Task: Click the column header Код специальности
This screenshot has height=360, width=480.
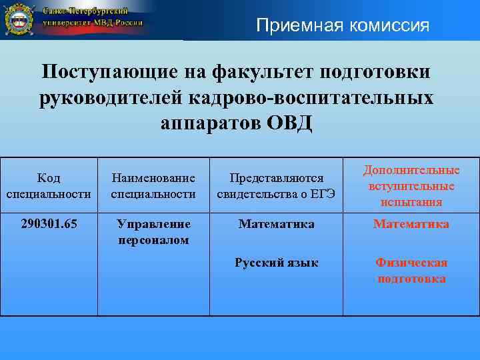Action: tap(49, 186)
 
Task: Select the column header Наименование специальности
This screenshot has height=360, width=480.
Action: tap(153, 186)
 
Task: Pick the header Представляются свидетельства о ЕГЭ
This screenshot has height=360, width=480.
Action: tap(276, 186)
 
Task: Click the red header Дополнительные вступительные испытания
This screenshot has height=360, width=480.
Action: tap(411, 186)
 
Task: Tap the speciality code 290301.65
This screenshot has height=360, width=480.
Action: tap(49, 224)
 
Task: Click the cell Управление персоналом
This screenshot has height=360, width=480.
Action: tap(153, 231)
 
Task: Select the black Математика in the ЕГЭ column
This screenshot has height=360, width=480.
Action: tap(276, 224)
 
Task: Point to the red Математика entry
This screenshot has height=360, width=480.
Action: tap(411, 224)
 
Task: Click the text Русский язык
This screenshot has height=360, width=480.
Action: tap(276, 263)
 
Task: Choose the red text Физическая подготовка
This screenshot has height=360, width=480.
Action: tap(411, 271)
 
